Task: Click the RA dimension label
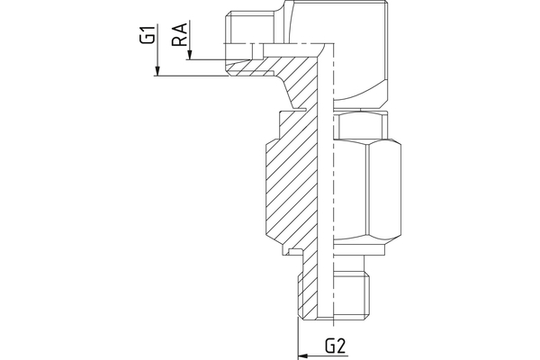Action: click(x=179, y=35)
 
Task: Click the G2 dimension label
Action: click(x=335, y=346)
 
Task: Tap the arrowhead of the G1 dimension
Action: click(x=157, y=71)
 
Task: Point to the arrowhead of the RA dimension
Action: click(x=189, y=56)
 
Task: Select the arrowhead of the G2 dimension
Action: click(x=302, y=355)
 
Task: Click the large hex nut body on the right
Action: click(x=367, y=189)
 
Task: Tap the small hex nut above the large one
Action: click(x=361, y=125)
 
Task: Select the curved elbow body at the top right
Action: click(x=361, y=51)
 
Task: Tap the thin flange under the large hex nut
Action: click(x=360, y=250)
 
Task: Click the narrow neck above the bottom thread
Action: click(x=348, y=263)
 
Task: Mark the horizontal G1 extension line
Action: click(x=191, y=76)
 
